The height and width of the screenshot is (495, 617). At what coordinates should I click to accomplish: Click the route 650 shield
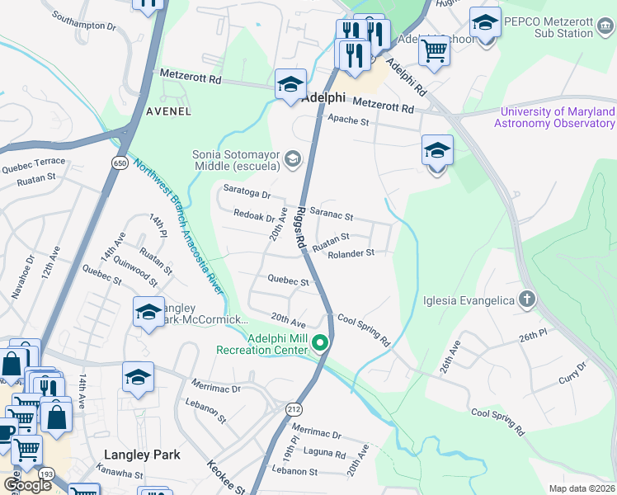tap(120, 163)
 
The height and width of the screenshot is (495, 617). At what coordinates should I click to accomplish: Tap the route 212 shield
tap(294, 408)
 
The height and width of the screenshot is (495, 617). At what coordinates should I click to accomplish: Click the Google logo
tap(27, 485)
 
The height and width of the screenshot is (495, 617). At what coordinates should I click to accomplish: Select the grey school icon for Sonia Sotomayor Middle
tap(292, 158)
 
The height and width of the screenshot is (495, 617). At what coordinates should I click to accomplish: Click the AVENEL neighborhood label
tap(168, 111)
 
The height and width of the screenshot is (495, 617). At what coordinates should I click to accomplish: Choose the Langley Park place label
tap(142, 455)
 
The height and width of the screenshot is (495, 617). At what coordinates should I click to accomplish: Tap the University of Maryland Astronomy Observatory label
tap(554, 117)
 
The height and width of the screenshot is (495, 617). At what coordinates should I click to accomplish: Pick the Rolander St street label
tap(351, 253)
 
